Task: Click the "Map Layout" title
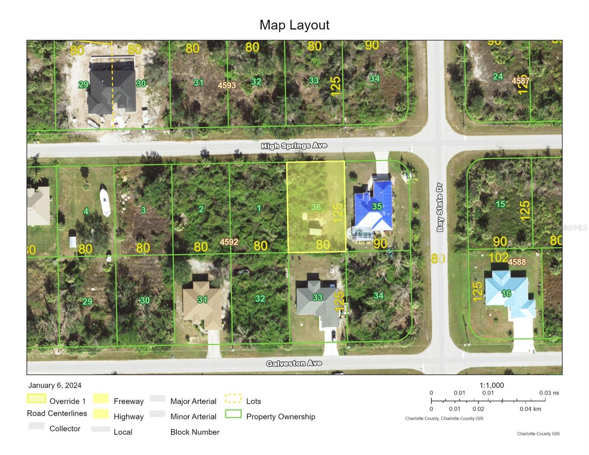pos(294,25)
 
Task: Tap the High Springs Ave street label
pos(294,146)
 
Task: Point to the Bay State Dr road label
pos(440,207)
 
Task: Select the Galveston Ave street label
pos(294,363)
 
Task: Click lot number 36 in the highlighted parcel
pos(316,207)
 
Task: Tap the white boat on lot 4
pos(105,199)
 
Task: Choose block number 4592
pos(229,242)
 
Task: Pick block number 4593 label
pos(227,85)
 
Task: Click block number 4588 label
pos(517,262)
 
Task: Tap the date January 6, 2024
pos(55,385)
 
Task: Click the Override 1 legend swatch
pos(36,399)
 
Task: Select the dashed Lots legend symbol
pos(233,399)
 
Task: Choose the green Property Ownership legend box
pos(233,414)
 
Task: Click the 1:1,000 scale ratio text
pos(492,385)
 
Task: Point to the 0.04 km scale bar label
pos(530,409)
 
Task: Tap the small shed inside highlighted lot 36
pos(315,228)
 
